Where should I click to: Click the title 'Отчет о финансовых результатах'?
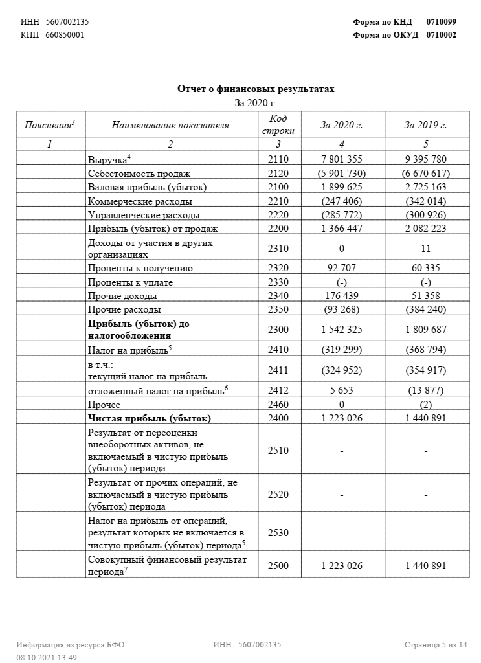coord(256,89)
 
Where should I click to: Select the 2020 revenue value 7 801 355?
coord(341,159)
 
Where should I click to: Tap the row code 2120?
coord(278,173)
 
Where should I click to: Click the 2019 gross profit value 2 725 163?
coord(425,187)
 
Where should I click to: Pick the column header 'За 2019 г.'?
coord(425,125)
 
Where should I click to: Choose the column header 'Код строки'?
coord(278,124)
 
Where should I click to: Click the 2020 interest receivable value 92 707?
coord(341,268)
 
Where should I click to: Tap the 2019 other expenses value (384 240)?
coord(425,309)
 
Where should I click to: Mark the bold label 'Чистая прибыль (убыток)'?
coord(150,418)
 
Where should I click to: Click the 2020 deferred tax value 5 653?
coord(341,390)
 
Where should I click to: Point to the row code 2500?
coord(278,565)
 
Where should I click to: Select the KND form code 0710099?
coord(441,22)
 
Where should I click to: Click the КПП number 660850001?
coord(65,35)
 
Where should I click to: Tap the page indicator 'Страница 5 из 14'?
coord(435,645)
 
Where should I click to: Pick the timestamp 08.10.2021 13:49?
coord(47,658)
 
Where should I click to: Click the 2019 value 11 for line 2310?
coord(425,249)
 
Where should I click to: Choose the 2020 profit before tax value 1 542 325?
coord(341,329)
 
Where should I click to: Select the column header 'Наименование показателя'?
coord(170,125)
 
